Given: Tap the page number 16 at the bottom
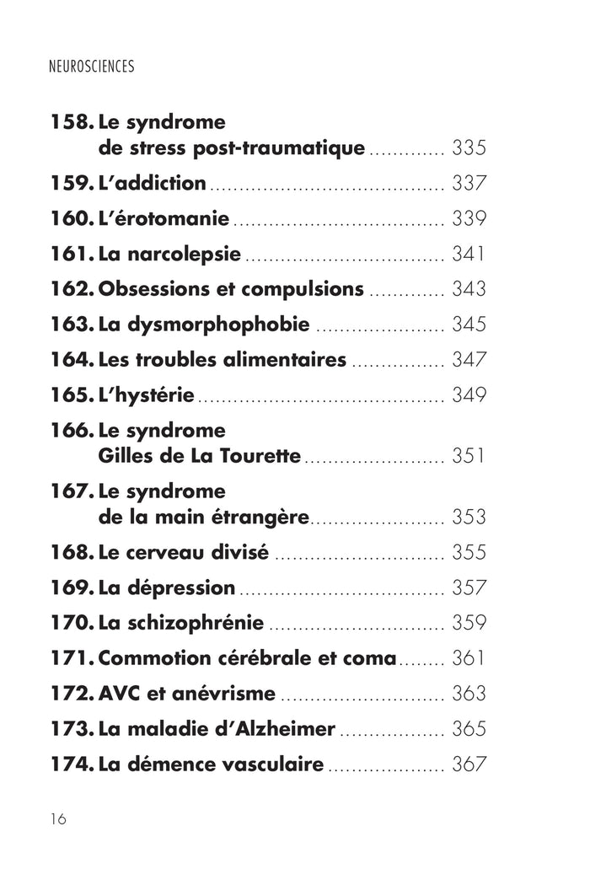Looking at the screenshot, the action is click(x=58, y=819).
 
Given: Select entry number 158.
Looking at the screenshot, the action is click(x=72, y=121).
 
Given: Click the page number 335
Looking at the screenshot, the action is click(x=469, y=149).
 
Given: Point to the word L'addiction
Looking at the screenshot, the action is click(x=153, y=183).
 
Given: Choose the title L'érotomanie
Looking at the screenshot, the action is click(x=164, y=218).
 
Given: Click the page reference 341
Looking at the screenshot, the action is click(x=469, y=254).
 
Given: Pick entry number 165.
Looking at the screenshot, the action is click(x=72, y=394).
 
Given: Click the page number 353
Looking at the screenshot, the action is click(x=469, y=517).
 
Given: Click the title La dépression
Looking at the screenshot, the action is click(x=167, y=587).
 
